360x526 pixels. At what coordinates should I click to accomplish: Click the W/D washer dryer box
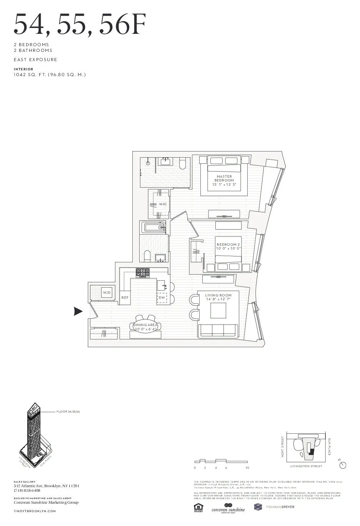[x=107, y=293]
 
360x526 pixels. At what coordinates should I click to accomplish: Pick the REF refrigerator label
[x=125, y=298]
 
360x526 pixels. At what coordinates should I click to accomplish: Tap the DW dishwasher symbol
[x=162, y=298]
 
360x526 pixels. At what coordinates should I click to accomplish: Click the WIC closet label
[x=163, y=204]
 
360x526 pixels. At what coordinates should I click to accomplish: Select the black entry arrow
[x=78, y=312]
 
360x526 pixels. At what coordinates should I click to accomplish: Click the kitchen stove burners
[x=143, y=273]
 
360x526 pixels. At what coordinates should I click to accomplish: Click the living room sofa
[x=217, y=330]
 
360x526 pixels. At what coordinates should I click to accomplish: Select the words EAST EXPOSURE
[x=35, y=60]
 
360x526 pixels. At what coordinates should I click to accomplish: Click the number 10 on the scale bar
[x=247, y=468]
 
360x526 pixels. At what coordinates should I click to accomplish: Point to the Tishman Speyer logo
[x=274, y=507]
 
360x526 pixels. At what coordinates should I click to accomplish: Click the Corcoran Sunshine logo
[x=228, y=508]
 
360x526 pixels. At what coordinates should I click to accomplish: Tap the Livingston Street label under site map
[x=306, y=466]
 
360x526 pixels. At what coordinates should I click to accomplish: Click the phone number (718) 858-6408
[x=27, y=491]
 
